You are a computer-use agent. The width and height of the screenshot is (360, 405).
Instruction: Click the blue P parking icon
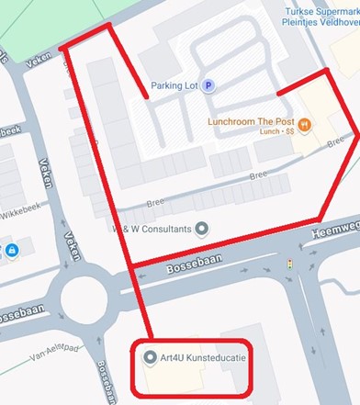tap(208, 85)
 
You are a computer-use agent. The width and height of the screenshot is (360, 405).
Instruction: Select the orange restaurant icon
tap(306, 124)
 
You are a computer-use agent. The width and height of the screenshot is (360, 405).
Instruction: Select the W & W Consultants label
tap(150, 228)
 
